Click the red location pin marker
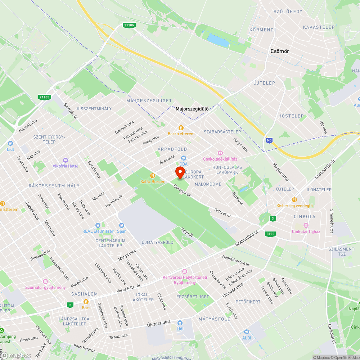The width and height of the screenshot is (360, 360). coord(180,171)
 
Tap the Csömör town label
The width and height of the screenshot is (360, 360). coord(280,51)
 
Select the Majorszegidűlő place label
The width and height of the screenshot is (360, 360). coord(192,108)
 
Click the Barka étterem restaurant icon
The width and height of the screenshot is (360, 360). coord(181,127)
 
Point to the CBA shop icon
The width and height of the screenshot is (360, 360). coord(184,158)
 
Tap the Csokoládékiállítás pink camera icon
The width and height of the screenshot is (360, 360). coord(220,153)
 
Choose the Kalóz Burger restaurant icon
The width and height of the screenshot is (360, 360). coord(153,176)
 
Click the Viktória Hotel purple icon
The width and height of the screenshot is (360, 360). coord(65,160)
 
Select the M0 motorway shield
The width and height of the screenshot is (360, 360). coord(269,140)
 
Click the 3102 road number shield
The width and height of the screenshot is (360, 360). coord(271,234)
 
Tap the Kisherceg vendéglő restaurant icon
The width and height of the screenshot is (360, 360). coord(294,200)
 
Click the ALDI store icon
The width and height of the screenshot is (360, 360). coord(247,332)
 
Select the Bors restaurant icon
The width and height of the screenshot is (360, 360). coord(86,302)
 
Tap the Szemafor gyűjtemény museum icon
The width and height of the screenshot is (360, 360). coord(45,281)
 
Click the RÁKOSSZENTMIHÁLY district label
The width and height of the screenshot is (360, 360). coord(54,186)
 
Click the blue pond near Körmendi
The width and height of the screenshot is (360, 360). coord(218,40)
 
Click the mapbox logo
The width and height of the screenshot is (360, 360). coord(16,355)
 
